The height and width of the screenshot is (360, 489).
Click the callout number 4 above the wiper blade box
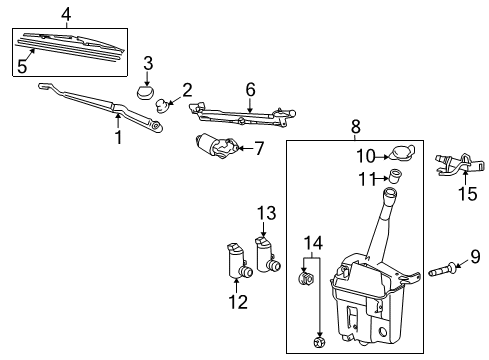pos(66,13)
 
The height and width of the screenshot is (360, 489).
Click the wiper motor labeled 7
pos(215,146)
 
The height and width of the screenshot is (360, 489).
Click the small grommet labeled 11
pos(395,177)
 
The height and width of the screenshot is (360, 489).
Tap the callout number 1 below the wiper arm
pos(118,138)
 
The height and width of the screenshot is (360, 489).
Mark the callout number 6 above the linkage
pos(250,89)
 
